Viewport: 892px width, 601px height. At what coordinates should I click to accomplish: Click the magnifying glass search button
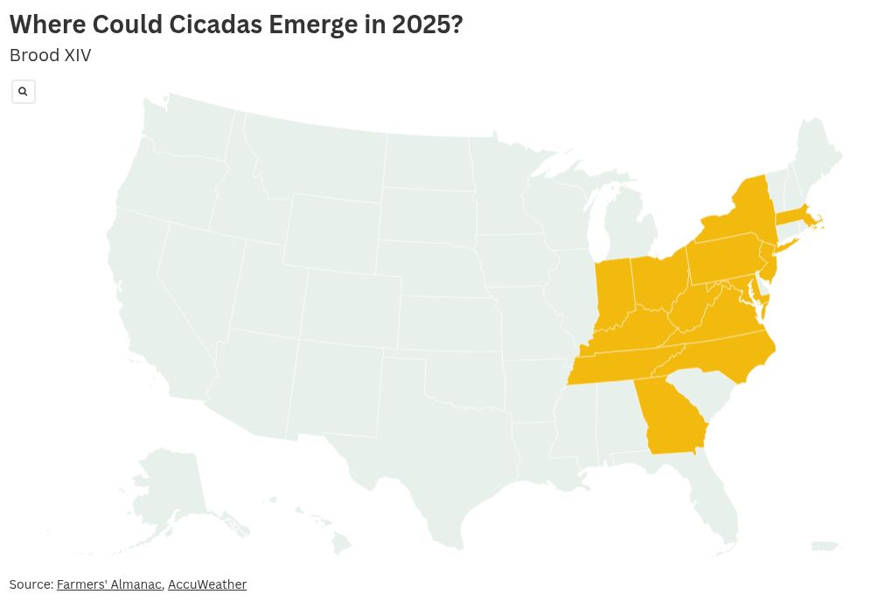coord(24,92)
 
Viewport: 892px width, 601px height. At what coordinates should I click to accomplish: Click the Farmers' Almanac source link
coord(108,584)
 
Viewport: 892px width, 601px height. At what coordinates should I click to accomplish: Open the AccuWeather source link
coord(207,584)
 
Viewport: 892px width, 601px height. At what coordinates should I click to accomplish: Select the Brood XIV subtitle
coord(50,55)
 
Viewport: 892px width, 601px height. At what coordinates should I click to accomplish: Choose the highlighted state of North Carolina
coord(730,354)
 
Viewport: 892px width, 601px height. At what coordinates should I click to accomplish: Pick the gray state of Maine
coord(818,153)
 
